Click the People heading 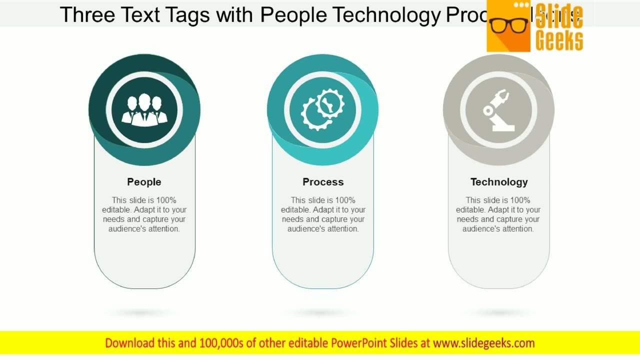(x=144, y=182)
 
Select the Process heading (x=323, y=182)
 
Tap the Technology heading (x=499, y=182)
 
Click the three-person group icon (x=144, y=109)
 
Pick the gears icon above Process (x=323, y=109)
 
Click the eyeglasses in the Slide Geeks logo (x=509, y=25)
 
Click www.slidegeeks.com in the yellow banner (x=484, y=343)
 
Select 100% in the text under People (x=166, y=200)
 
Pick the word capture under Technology (x=512, y=219)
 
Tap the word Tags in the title (x=189, y=15)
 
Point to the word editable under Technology (x=470, y=210)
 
